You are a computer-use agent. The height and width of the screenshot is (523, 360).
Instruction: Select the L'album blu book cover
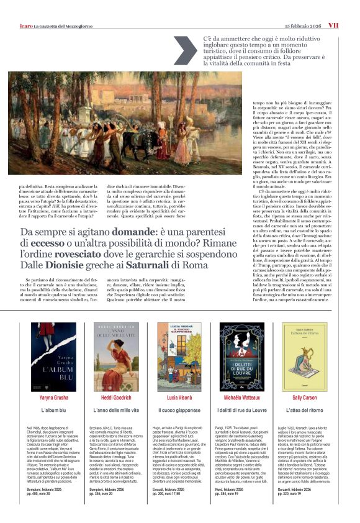(x=53, y=357)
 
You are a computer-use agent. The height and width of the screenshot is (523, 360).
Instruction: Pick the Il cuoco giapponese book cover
(x=179, y=357)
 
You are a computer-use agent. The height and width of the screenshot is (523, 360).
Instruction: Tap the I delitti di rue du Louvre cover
(x=242, y=357)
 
